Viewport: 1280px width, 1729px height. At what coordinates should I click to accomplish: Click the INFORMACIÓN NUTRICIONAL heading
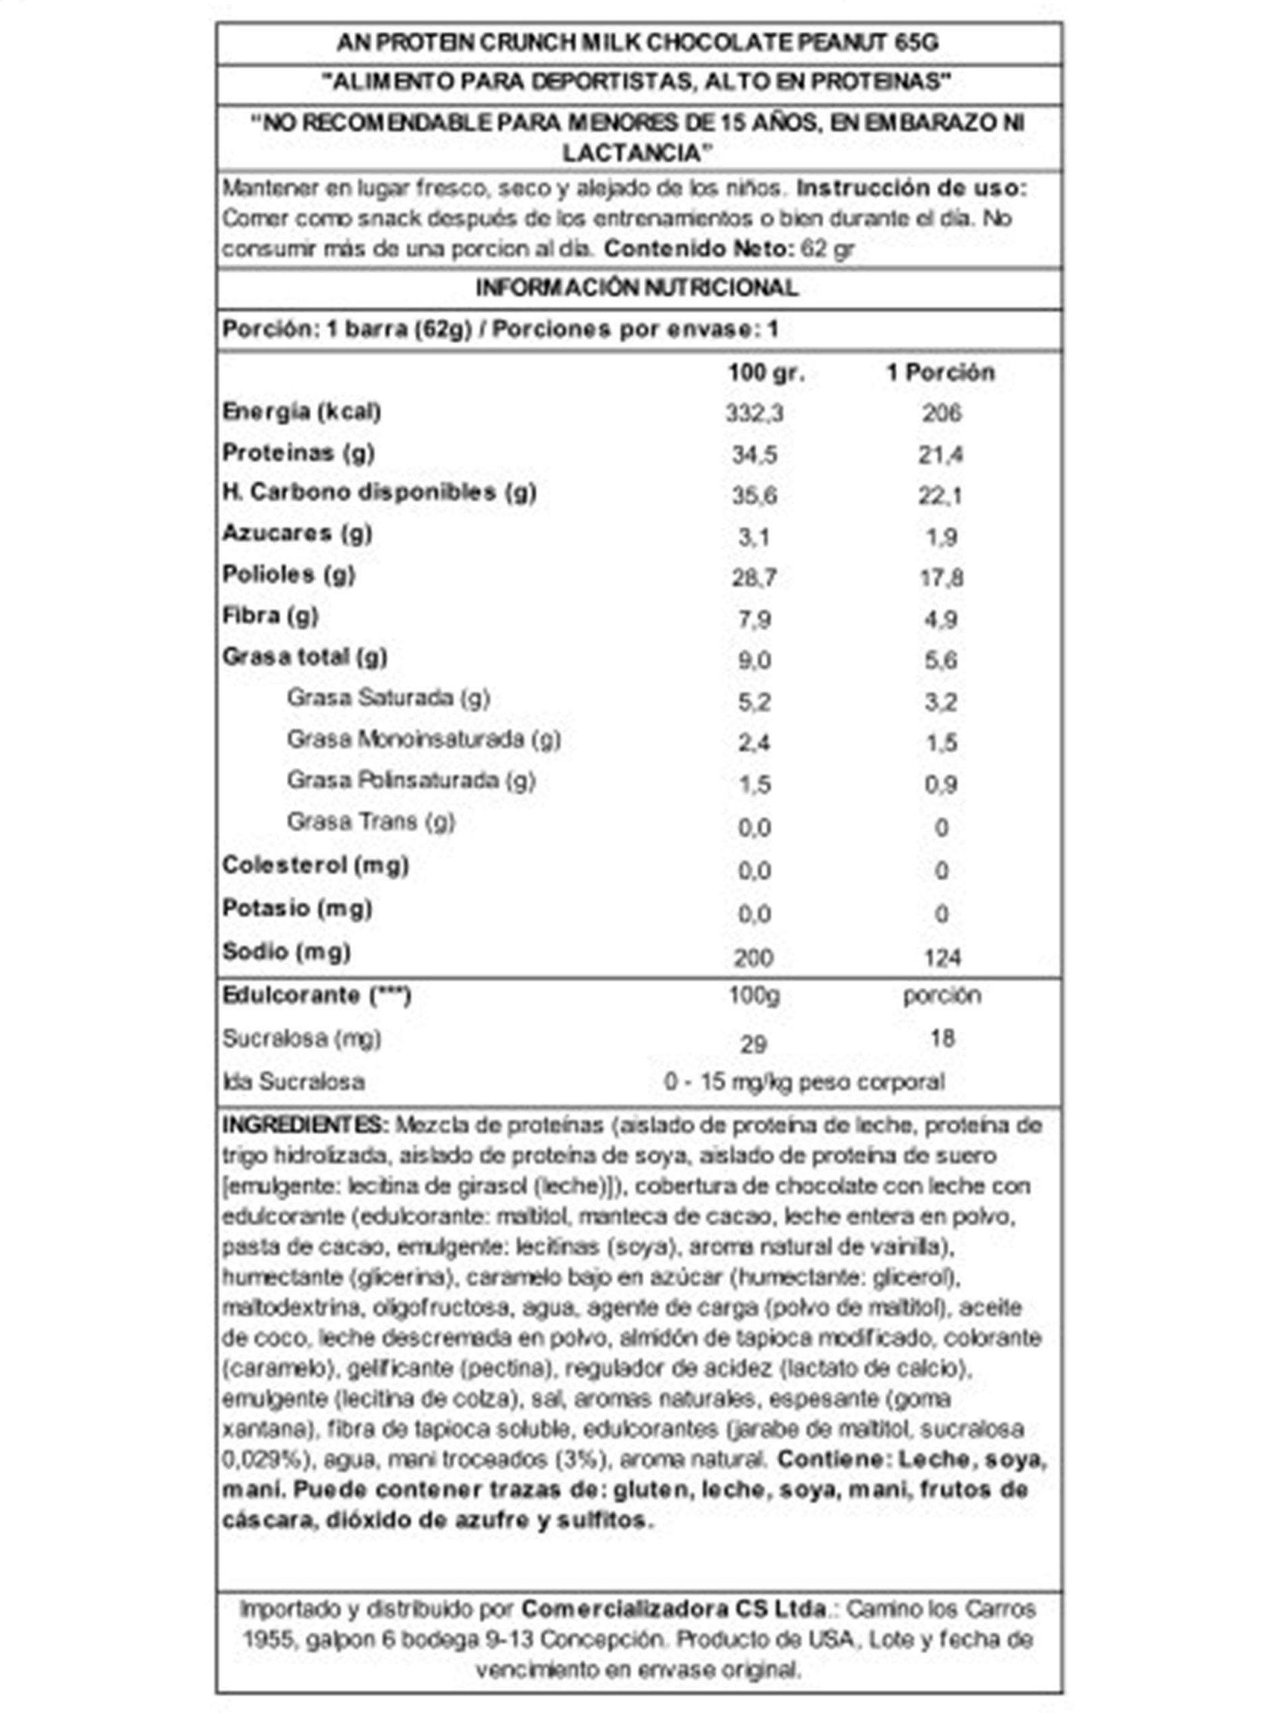[x=636, y=288]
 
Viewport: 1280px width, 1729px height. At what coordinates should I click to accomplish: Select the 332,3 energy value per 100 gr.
[x=754, y=413]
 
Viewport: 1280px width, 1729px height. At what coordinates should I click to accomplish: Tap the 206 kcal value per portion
[x=940, y=413]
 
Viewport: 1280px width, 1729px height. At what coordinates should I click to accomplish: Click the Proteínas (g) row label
[x=298, y=453]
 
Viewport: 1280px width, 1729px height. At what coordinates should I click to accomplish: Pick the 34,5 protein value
[x=754, y=455]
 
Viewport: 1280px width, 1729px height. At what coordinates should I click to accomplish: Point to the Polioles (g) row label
[x=288, y=574]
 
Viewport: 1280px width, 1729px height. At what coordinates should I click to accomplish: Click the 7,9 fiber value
[x=754, y=620]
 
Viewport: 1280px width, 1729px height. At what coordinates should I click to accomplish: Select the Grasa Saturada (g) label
[x=388, y=698]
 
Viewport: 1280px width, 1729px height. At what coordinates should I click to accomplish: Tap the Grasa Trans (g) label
[x=371, y=821]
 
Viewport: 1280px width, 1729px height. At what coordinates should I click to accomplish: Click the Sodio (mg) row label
[x=286, y=952]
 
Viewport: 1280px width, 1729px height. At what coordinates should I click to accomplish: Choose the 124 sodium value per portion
[x=941, y=958]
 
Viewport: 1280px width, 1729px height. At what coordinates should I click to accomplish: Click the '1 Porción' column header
[x=940, y=373]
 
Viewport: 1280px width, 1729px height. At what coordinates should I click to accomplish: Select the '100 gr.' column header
[x=766, y=373]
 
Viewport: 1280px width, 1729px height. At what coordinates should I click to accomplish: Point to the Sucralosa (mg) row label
[x=301, y=1039]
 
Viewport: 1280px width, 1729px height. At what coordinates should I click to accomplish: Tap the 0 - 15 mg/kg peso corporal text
[x=803, y=1082]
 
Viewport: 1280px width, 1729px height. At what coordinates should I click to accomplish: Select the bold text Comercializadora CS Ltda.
[x=673, y=1609]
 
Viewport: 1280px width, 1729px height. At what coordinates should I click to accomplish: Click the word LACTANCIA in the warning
[x=636, y=153]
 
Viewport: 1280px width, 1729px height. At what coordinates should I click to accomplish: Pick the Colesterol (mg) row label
[x=315, y=865]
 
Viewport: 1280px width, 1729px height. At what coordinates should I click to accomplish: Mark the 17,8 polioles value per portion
[x=940, y=578]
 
